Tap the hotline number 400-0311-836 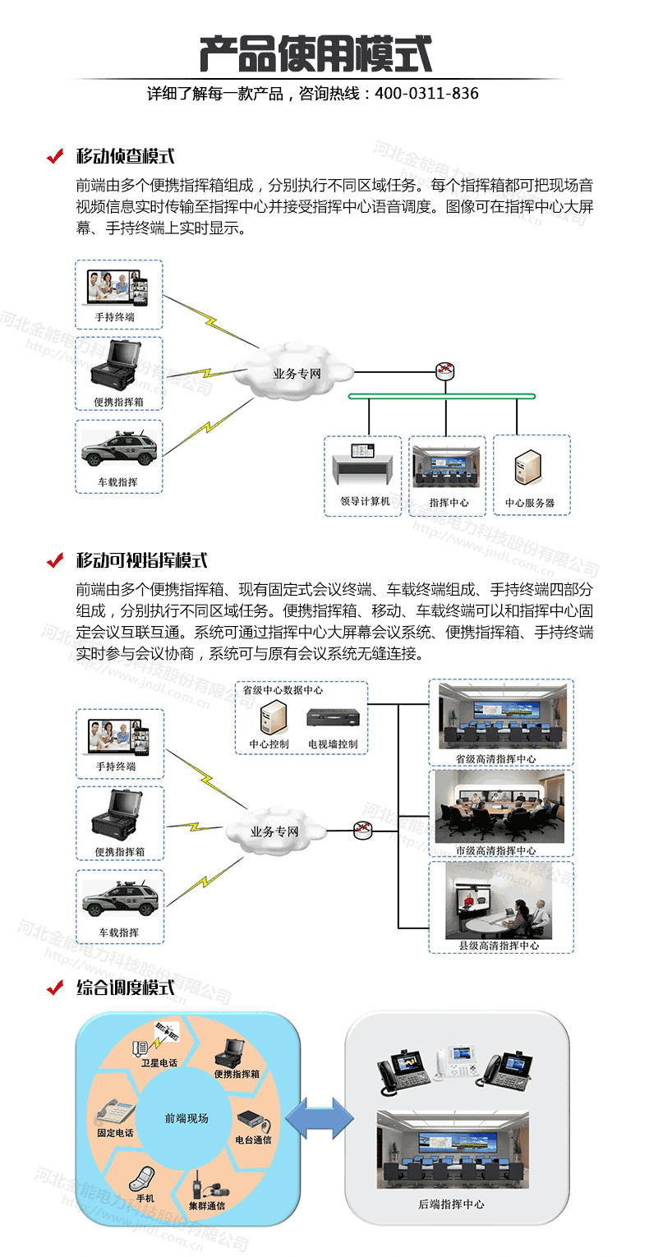(426, 94)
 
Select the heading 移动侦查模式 (125, 156)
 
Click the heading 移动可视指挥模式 (141, 560)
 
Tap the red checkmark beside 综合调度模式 (55, 987)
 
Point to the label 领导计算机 (362, 501)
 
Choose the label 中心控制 (269, 744)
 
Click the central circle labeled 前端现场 (186, 1118)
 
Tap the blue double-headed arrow (319, 1118)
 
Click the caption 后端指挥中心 (457, 1204)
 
